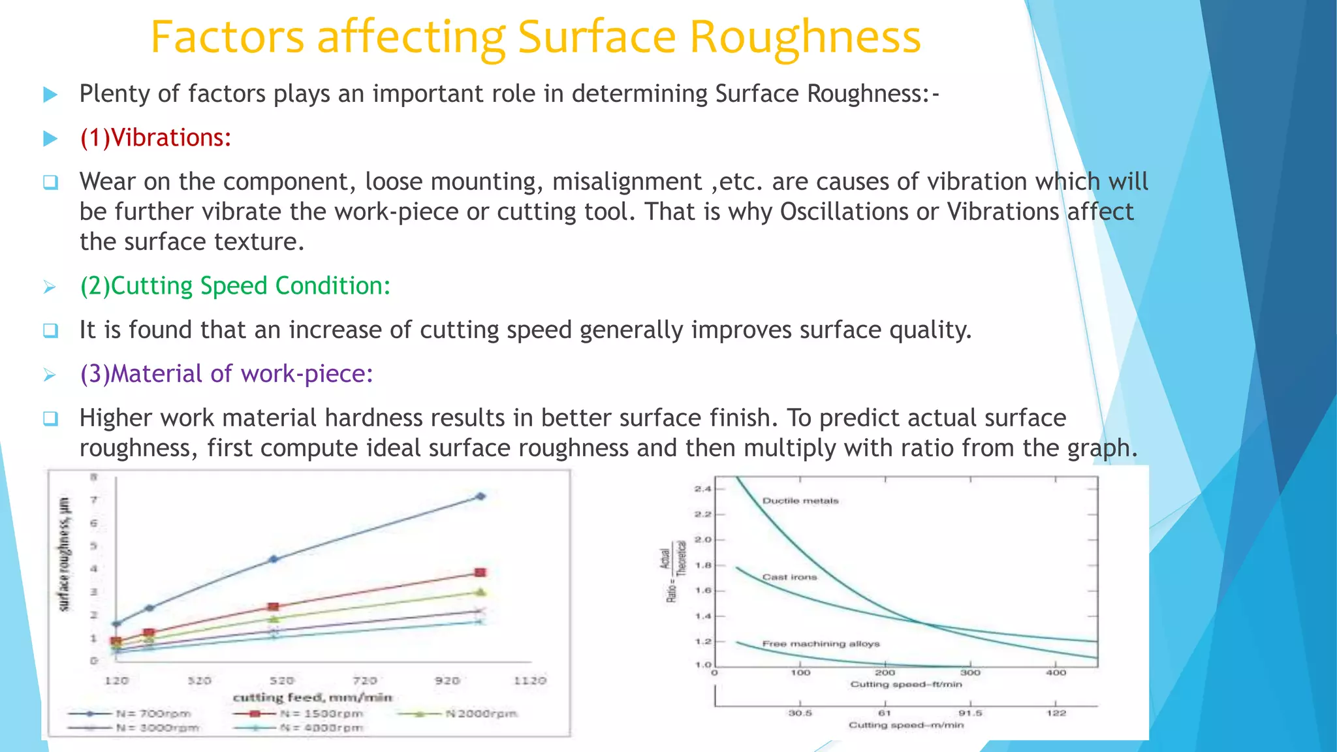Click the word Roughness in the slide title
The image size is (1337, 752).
[x=804, y=37]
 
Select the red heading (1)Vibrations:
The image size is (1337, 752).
[x=155, y=138]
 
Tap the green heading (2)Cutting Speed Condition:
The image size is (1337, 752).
[x=235, y=286]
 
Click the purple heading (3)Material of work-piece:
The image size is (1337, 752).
[x=226, y=374]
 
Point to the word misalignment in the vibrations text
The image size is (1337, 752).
[x=627, y=181]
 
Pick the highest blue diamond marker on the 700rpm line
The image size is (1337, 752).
[x=481, y=496]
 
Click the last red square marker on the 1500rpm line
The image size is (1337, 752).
[x=480, y=572]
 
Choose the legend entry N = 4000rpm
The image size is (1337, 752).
[x=320, y=728]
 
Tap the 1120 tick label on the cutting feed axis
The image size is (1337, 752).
[x=529, y=680]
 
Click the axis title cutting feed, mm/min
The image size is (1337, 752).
[x=313, y=697]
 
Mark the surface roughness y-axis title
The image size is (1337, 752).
[x=64, y=554]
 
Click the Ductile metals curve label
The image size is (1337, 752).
[x=800, y=501]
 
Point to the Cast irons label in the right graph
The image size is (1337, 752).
[x=789, y=577]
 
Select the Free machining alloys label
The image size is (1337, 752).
[x=821, y=644]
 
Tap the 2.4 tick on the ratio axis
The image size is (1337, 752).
[x=702, y=488]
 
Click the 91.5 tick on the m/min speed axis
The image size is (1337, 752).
[x=970, y=713]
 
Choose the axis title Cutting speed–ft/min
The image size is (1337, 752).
[x=905, y=684]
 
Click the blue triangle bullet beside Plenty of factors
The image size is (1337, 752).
[x=50, y=95]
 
